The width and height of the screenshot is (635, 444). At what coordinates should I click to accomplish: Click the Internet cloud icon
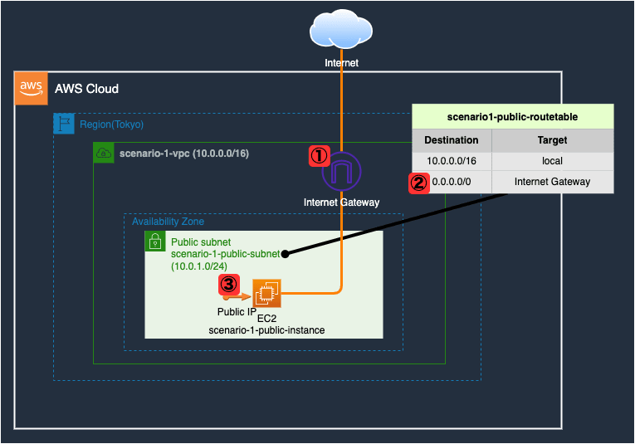tap(341, 30)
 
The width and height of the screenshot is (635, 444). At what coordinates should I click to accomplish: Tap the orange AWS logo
tap(31, 89)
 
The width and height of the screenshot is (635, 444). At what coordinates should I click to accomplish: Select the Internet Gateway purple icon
tap(341, 172)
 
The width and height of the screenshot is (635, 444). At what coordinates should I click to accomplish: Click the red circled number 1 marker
tap(320, 154)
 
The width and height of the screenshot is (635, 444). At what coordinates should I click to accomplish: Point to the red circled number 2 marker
tap(419, 183)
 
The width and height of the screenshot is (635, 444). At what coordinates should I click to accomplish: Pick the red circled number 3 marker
tap(229, 285)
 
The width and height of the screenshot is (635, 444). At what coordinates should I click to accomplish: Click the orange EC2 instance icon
tap(267, 294)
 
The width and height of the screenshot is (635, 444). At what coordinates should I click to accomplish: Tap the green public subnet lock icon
tap(154, 242)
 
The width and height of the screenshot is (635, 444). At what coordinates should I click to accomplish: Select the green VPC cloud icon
tap(104, 153)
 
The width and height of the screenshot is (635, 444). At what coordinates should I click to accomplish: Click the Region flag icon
tap(64, 124)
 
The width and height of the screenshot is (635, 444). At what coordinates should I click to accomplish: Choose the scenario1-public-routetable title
tap(512, 117)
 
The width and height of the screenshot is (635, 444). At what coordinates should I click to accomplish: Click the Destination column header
tap(452, 140)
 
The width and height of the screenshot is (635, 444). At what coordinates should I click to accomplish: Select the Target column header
tap(552, 140)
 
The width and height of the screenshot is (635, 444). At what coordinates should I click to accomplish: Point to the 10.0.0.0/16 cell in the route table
tap(452, 161)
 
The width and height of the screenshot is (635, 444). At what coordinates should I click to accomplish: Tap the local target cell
tap(552, 161)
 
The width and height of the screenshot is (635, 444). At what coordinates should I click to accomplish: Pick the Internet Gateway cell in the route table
tap(552, 182)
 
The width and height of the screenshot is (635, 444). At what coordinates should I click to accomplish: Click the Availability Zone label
tap(168, 222)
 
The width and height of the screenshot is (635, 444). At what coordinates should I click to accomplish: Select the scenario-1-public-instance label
tap(266, 330)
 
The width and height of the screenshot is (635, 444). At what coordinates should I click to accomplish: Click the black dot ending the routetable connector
tap(284, 253)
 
